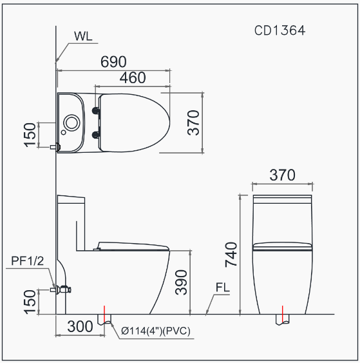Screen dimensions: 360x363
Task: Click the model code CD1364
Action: coord(279,30)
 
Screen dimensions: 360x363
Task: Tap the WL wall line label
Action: coord(83,36)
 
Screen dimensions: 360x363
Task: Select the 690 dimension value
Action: coord(113,62)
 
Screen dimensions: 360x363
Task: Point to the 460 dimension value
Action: coord(133,77)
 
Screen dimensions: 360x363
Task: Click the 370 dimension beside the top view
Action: coord(194,123)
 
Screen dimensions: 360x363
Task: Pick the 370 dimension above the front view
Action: coord(282,175)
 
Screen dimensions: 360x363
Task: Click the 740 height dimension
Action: coord(231,254)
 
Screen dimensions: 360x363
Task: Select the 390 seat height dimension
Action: coord(181,282)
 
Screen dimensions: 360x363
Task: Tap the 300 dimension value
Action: coord(80,327)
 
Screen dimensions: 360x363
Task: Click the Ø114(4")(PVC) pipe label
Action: coord(156,331)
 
